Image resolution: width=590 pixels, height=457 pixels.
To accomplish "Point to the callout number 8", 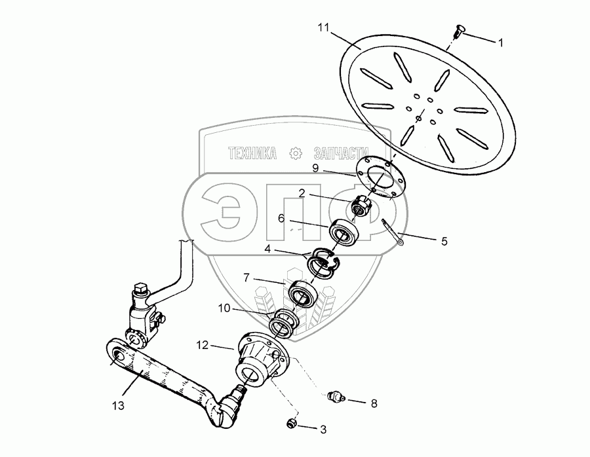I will coord(374,403).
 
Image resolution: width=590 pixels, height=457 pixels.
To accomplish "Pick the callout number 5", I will coord(444,241).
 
